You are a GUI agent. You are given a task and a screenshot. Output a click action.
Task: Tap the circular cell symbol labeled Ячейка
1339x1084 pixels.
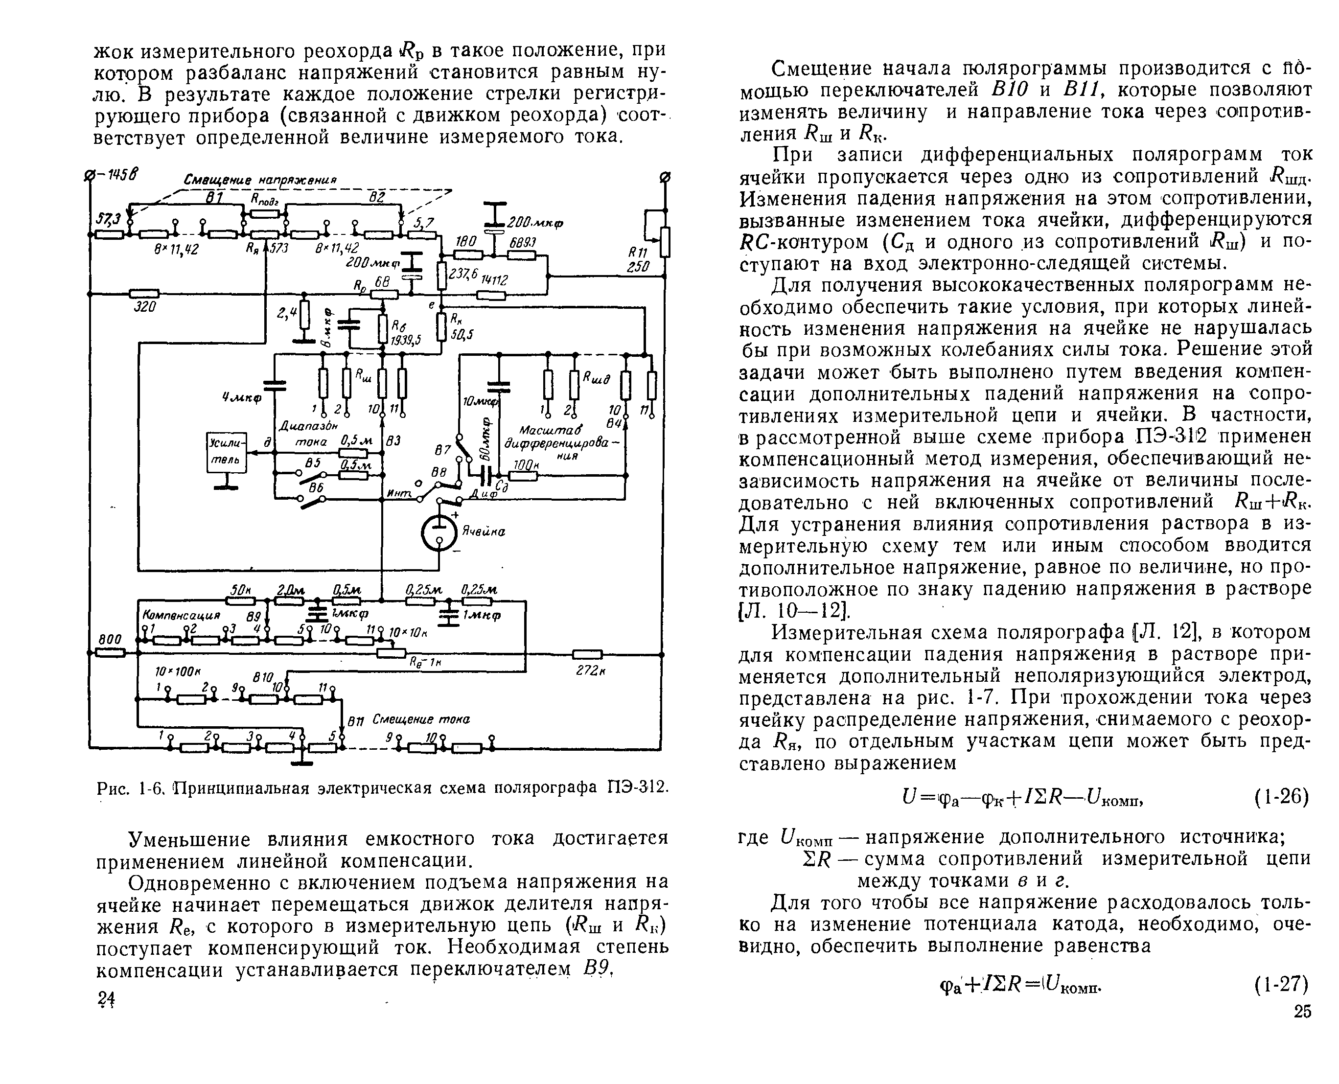point(439,532)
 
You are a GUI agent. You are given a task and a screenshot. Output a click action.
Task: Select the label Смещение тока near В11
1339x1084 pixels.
point(421,719)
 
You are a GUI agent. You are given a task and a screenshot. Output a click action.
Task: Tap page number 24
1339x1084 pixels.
point(106,1000)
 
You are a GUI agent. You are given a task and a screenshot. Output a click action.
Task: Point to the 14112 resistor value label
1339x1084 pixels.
point(493,280)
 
